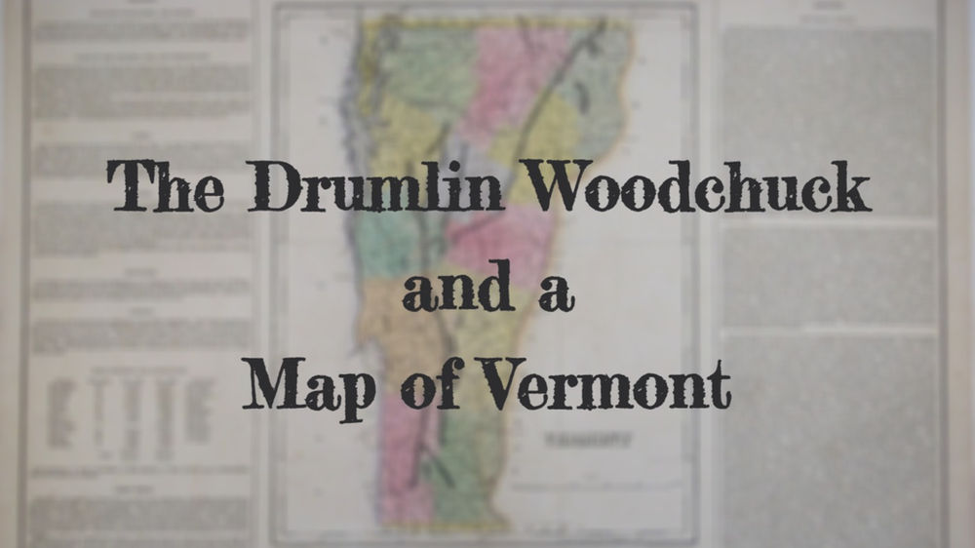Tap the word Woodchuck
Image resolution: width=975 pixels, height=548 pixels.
click(x=699, y=185)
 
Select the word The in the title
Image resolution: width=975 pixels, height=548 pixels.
click(x=166, y=185)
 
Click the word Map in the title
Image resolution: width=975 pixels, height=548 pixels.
click(x=296, y=382)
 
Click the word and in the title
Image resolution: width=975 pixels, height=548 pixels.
click(x=459, y=290)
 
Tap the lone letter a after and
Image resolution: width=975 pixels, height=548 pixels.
click(x=555, y=292)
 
